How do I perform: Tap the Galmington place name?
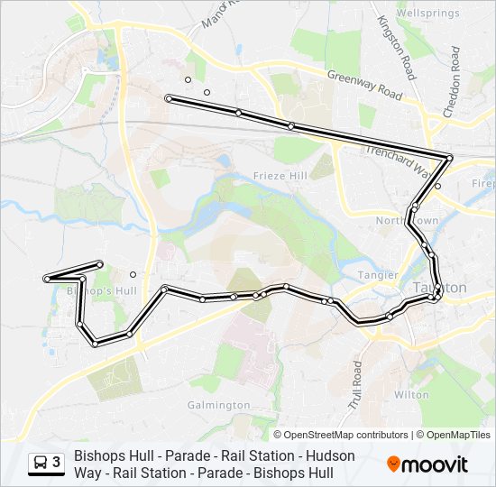point(218,405)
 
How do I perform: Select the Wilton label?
point(412,394)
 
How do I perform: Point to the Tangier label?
point(380,274)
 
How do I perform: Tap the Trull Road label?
point(357,382)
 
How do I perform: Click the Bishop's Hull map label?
point(102,291)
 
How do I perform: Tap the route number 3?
point(57,463)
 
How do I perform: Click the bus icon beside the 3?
point(41,464)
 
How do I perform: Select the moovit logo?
point(427,464)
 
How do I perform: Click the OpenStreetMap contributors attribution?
point(345,435)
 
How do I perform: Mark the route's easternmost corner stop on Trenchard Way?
point(449,159)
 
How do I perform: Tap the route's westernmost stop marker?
point(45,280)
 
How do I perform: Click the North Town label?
point(407,221)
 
